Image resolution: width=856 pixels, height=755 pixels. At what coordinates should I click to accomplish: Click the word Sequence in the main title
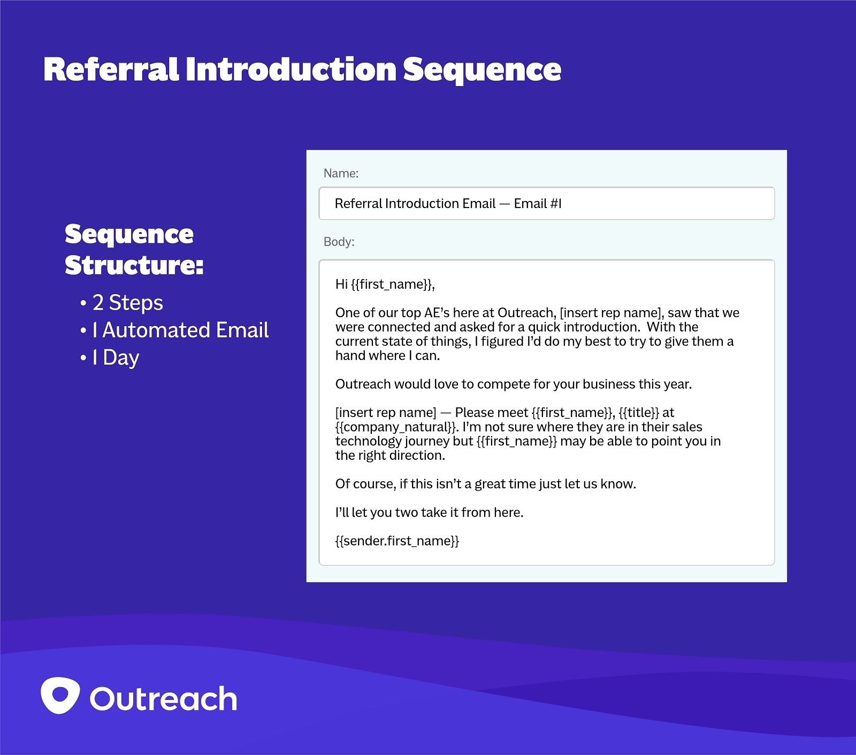(x=481, y=70)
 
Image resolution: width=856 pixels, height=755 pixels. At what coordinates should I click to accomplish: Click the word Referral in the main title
(x=111, y=70)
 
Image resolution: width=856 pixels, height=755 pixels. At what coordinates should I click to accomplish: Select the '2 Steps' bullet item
(x=127, y=303)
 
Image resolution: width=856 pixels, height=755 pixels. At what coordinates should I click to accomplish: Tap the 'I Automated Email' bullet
(x=180, y=330)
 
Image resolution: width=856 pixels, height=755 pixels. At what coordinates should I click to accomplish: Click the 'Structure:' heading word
(x=134, y=265)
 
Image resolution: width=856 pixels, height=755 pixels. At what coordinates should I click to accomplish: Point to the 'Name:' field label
(x=341, y=173)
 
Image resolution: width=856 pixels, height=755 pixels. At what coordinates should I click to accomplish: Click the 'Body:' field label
(x=339, y=242)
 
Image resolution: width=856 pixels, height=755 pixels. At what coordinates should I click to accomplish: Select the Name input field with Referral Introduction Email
(x=546, y=204)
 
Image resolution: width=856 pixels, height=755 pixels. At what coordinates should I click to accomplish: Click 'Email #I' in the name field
(x=537, y=204)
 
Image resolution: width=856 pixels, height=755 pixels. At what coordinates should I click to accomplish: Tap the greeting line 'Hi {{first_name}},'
(x=385, y=284)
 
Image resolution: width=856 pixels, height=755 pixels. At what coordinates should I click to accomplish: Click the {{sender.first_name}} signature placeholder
(x=397, y=541)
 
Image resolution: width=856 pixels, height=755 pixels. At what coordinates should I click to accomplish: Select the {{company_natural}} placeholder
(x=396, y=427)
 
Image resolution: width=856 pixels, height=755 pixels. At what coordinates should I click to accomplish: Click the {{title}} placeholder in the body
(x=639, y=413)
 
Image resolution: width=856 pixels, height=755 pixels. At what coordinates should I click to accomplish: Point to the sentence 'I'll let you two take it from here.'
(x=429, y=512)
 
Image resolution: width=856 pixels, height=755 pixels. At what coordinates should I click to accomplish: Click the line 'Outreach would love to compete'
(x=513, y=384)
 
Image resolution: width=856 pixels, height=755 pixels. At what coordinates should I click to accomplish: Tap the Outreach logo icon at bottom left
(x=60, y=696)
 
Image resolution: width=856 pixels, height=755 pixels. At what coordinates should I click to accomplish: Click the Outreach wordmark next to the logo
(x=163, y=699)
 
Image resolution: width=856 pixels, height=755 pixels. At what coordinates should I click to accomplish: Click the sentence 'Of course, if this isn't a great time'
(x=485, y=484)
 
